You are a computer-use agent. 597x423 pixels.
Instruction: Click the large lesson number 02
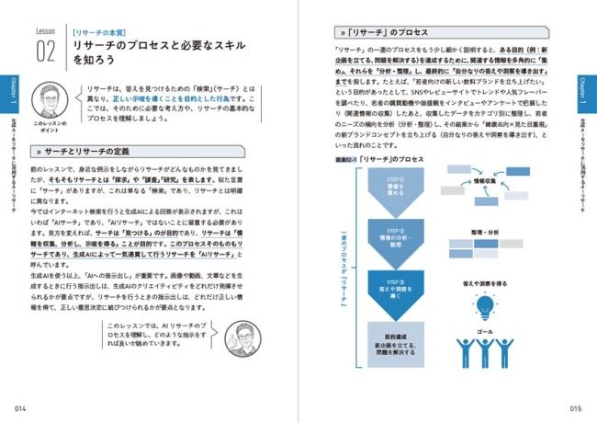tap(48, 50)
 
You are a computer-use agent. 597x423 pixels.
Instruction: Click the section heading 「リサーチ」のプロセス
tap(384, 44)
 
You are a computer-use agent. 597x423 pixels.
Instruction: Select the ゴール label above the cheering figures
tap(483, 328)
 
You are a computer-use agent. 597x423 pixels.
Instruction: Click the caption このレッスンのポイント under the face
tap(45, 124)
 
